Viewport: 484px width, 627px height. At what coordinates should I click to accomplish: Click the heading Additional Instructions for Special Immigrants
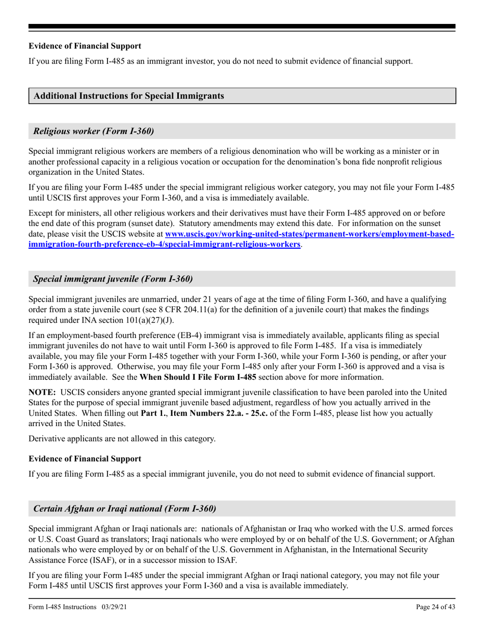(x=128, y=96)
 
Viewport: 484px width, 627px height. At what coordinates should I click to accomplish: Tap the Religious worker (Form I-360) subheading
(x=93, y=131)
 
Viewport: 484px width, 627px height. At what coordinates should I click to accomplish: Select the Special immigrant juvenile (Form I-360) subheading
(x=113, y=279)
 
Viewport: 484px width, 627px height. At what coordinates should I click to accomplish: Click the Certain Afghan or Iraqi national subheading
(x=124, y=508)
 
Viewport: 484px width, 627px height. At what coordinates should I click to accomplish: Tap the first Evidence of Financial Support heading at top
(x=85, y=46)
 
